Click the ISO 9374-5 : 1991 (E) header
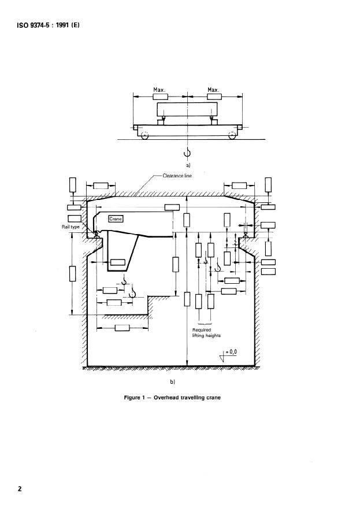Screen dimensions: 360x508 [48, 25]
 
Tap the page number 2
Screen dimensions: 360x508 [20, 488]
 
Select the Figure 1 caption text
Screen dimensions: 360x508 [172, 398]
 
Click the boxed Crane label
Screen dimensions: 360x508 [116, 219]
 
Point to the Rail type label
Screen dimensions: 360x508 [70, 227]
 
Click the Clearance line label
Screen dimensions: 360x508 [177, 176]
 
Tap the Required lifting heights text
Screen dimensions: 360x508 [206, 333]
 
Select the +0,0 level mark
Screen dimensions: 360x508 [231, 352]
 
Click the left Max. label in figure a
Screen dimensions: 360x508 [159, 90]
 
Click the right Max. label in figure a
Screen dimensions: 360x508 [213, 90]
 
